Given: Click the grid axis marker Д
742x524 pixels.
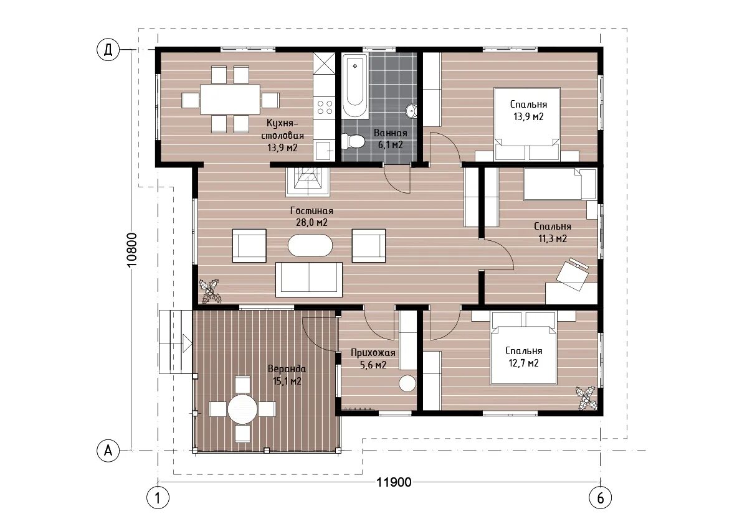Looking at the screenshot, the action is tap(108, 50).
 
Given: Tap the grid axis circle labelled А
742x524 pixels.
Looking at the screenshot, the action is tap(108, 451).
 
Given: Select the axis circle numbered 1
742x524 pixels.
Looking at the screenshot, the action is tap(158, 498).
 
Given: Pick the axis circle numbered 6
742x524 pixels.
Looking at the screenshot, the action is tap(601, 498).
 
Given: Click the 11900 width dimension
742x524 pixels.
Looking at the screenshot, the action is tap(394, 482).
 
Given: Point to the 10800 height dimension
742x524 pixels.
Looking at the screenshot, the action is tap(132, 250).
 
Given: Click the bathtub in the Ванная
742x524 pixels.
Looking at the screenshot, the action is tap(355, 86).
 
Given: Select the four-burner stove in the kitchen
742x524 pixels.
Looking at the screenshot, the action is tap(325, 107).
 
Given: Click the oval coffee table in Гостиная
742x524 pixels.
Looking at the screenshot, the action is tap(310, 245).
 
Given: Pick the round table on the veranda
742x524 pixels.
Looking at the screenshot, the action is tap(243, 409).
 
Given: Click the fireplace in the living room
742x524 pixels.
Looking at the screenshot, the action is tap(308, 182).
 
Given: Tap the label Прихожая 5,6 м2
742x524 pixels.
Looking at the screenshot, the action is tap(373, 358).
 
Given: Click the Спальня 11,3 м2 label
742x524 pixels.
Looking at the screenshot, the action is tap(552, 233).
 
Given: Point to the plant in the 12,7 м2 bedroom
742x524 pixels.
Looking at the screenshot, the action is tap(586, 399).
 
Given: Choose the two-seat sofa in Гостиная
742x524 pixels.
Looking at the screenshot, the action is tap(309, 279).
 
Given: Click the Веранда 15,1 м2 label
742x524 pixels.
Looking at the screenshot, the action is tap(287, 375).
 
